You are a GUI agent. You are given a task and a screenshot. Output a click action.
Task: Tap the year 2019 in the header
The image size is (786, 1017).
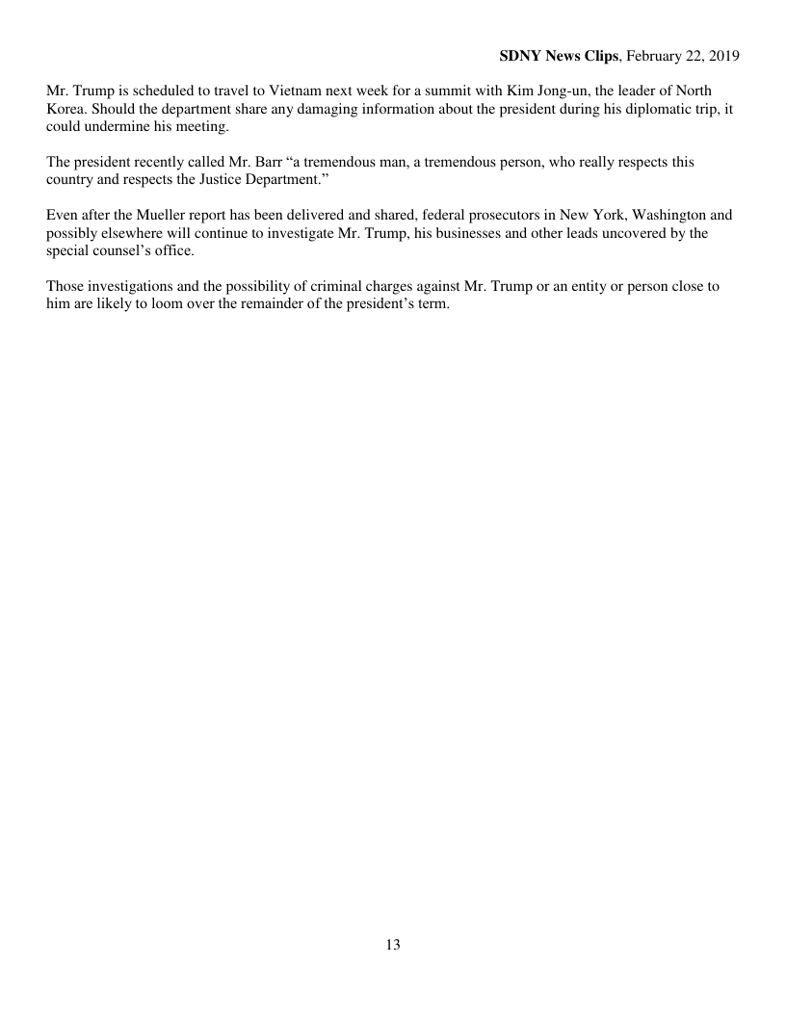click(x=720, y=57)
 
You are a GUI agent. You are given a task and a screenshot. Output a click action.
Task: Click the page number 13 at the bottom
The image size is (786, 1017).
click(x=393, y=945)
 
